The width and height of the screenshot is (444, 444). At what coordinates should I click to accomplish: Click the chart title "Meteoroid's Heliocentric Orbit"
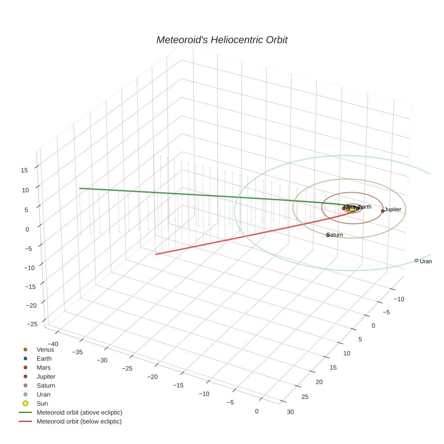pos(222,40)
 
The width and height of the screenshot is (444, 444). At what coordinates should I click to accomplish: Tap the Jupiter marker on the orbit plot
pos(383,211)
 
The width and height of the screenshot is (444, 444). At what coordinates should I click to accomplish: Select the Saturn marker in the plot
pos(328,235)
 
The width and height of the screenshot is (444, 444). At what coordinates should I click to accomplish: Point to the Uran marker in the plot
pos(416,260)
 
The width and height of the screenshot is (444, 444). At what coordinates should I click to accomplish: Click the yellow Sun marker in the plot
pos(352,208)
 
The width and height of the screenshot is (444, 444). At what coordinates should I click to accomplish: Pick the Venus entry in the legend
pos(45,350)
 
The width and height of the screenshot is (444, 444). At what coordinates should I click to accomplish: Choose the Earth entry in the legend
pos(44,359)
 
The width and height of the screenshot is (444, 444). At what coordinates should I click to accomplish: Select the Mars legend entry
pos(43,368)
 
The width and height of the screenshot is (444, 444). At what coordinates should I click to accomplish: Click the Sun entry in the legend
pos(42,403)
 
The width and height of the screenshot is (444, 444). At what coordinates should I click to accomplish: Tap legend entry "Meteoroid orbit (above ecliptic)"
pos(79,412)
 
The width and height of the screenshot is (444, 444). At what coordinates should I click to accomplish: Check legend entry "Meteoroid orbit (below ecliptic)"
pos(79,421)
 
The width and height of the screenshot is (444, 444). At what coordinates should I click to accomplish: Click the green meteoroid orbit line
pos(180,194)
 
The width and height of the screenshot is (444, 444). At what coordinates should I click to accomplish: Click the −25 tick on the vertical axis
pos(32,324)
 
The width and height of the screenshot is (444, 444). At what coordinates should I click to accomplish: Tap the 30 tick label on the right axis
pos(290,412)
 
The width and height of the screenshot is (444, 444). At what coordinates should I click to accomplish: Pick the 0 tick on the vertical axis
pos(27,229)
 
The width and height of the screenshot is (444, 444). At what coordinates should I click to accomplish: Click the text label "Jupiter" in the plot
pos(393,209)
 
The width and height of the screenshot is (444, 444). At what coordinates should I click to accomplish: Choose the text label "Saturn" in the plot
pos(335,235)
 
